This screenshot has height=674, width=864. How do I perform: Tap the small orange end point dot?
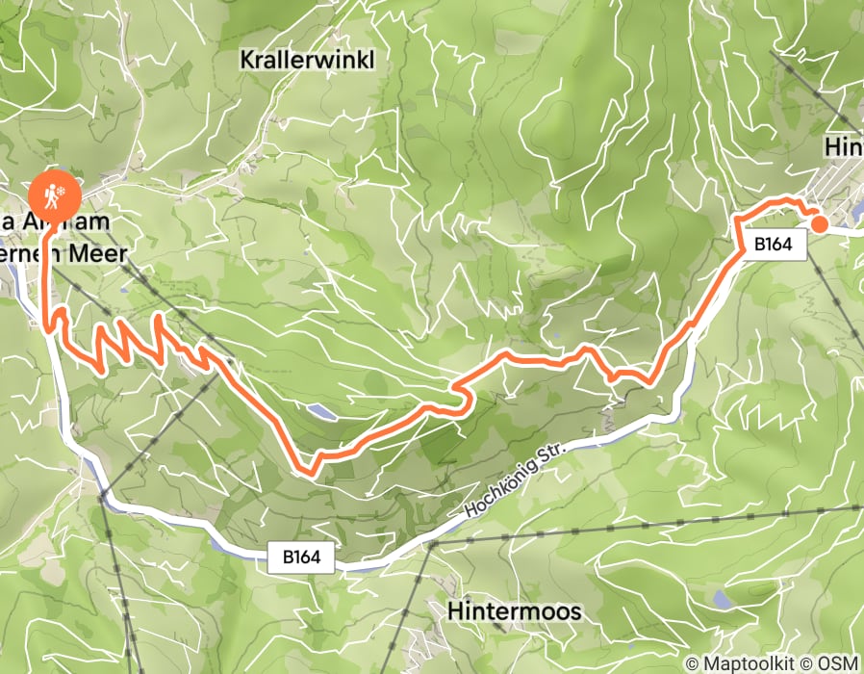pos(820,224)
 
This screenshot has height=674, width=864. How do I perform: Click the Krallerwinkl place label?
pos(306,60)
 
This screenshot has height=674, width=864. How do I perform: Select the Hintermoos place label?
pos(515,611)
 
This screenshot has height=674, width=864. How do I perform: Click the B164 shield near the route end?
pos(773,245)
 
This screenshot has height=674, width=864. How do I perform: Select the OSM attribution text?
pos(838,663)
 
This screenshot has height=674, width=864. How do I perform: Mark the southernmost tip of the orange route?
pos(310,472)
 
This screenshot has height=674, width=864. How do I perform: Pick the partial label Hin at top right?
pos(843,147)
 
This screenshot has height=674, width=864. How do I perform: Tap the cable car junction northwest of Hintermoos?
pos(432,544)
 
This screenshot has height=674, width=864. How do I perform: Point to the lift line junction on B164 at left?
pos(101,496)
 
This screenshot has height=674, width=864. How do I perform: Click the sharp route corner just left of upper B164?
pos(737,222)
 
